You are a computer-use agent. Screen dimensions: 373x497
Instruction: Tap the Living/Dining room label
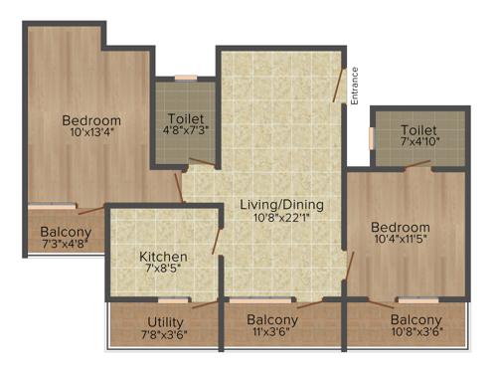pyautogui.click(x=282, y=205)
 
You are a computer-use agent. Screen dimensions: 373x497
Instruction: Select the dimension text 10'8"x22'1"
pyautogui.click(x=282, y=219)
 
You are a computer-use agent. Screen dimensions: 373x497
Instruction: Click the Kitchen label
pyautogui.click(x=164, y=256)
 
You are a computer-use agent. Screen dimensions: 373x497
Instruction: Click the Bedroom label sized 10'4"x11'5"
pyautogui.click(x=401, y=226)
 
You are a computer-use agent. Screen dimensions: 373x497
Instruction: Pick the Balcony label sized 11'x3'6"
pyautogui.click(x=272, y=319)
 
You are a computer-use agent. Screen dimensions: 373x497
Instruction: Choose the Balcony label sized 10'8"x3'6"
pyautogui.click(x=415, y=319)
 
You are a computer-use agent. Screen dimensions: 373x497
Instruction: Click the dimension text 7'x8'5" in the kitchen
pyautogui.click(x=164, y=270)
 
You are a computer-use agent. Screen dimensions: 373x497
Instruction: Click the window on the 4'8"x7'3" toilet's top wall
pyautogui.click(x=186, y=78)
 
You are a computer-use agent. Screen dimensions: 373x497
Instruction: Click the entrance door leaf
pyautogui.click(x=341, y=84)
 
